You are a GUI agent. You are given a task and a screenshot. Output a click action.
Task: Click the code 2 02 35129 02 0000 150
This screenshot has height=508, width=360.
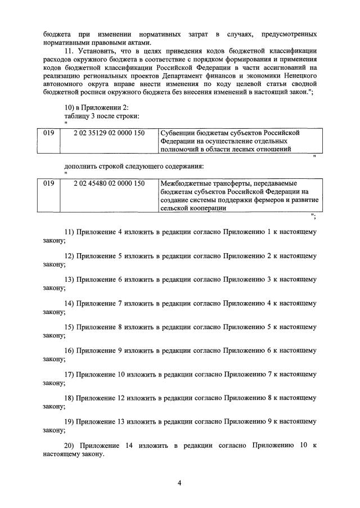109,133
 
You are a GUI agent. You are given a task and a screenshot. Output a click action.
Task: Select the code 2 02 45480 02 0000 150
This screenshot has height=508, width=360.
109,183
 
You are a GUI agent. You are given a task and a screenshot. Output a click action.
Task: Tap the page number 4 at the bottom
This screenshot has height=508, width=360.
179,483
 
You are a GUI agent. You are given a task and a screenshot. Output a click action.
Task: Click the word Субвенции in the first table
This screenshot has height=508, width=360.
179,133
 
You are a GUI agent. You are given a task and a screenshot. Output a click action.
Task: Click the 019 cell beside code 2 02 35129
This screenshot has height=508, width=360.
49,133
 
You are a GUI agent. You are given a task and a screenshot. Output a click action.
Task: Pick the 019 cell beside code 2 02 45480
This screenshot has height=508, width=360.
49,183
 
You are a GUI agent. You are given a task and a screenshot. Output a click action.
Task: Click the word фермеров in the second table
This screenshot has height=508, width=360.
249,200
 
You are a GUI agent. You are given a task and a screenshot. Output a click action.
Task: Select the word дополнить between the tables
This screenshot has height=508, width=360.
82,167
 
